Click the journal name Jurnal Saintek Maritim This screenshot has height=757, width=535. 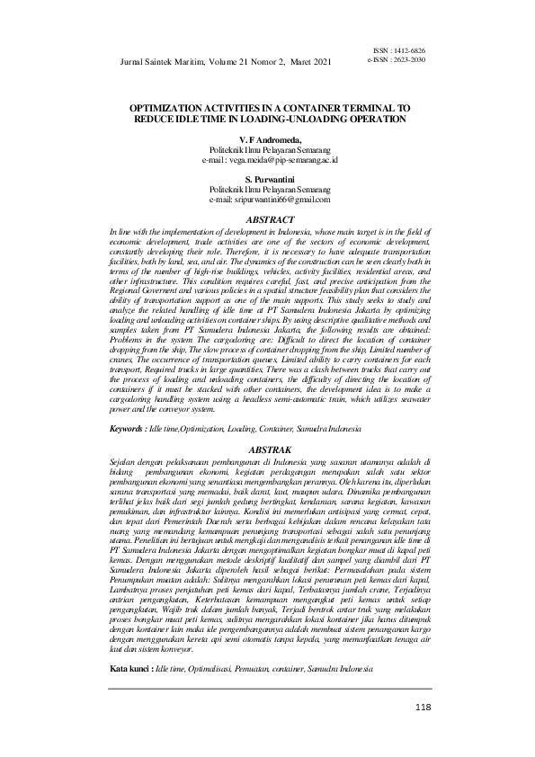click(160, 62)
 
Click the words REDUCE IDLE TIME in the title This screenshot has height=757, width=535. click(174, 118)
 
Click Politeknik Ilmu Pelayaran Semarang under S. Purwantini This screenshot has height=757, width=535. click(270, 190)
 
